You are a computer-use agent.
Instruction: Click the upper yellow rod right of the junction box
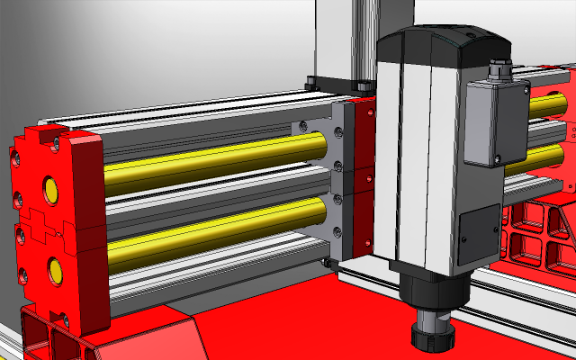coord(545,105)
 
